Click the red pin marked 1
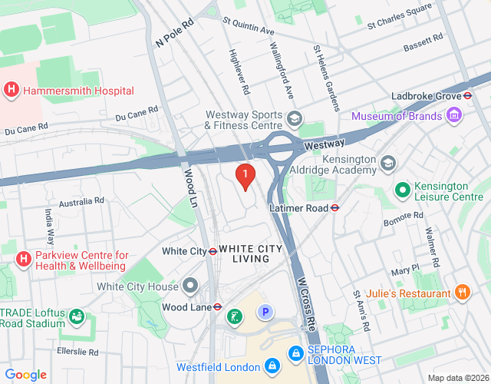245,176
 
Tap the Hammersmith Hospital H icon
12,90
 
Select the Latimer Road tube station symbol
335,207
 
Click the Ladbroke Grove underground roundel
466,96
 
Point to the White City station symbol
213,251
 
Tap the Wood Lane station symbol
218,306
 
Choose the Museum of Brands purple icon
454,116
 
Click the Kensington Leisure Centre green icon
401,188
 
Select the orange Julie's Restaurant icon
462,293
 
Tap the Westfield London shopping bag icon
272,366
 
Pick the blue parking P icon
265,312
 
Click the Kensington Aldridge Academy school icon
388,164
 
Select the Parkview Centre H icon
24,260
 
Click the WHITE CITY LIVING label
244,253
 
